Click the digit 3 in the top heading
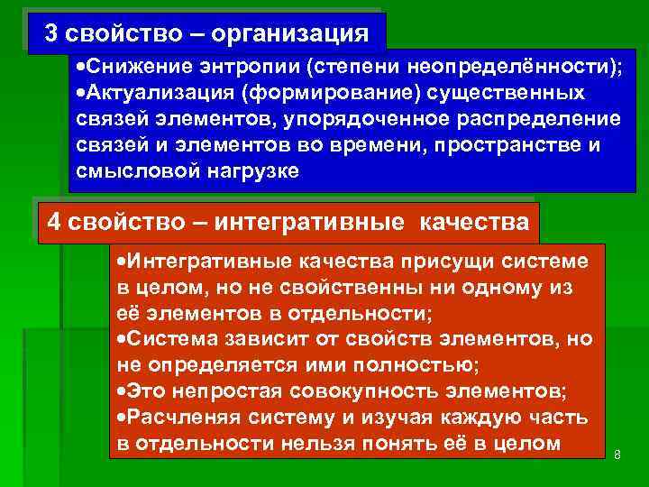point(51,33)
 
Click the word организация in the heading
point(303,34)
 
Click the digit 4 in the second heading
point(53,222)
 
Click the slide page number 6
point(617,455)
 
